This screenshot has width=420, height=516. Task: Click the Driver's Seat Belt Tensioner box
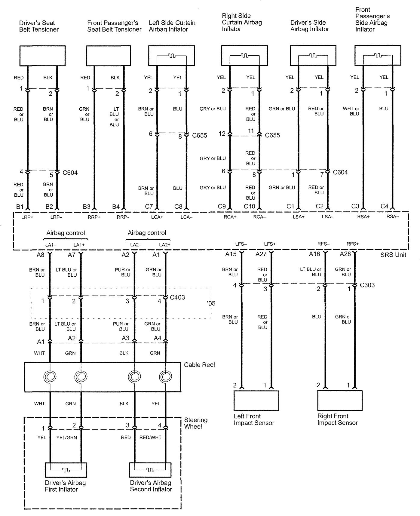[x=42, y=56]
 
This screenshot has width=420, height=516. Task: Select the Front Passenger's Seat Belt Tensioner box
[x=108, y=56]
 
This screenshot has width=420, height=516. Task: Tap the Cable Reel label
[x=199, y=365]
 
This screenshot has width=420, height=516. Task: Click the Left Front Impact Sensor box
[x=256, y=401]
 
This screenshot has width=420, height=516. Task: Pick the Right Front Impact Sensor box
[x=340, y=401]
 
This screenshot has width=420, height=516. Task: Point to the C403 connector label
[x=177, y=297]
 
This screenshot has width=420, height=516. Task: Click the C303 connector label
[x=367, y=285]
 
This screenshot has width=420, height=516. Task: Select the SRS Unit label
[x=393, y=255]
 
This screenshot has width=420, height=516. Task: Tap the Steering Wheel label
[x=196, y=423]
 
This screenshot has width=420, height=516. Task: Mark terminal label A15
[x=231, y=254]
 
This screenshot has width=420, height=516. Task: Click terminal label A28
[x=345, y=254]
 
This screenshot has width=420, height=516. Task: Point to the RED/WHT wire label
[x=150, y=438]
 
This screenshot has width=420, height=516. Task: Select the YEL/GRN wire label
[x=67, y=438]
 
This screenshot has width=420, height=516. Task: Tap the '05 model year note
[x=211, y=303]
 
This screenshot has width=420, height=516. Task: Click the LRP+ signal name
[x=27, y=217]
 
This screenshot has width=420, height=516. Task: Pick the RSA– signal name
[x=393, y=217]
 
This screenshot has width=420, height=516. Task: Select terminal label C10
[x=249, y=206]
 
